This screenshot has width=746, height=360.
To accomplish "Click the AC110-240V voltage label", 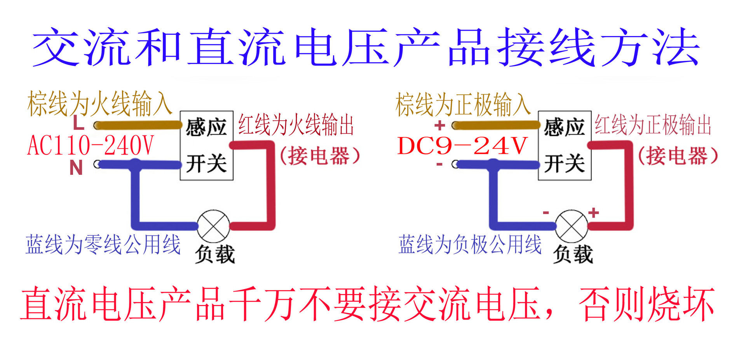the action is coord(91,146).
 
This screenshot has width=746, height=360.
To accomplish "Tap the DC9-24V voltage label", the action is coord(462,146).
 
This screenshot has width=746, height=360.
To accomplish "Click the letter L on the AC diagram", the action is coord(78,123).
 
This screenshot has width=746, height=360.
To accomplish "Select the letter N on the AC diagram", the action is coord(76,168).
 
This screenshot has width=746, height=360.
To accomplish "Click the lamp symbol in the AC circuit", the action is coord(213,226).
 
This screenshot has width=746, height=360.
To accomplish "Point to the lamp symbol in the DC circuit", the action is coord(571,226).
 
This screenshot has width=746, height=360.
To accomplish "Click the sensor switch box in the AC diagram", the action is coord(206,145).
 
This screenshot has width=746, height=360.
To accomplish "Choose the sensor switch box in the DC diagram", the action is coord(565,145).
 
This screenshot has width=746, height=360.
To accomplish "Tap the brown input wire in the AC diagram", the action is coord(138,125).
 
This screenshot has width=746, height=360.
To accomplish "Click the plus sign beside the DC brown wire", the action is coord(439,125).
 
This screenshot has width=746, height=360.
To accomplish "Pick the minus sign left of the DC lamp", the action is coord(546,212).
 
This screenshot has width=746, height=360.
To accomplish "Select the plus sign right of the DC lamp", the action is coord(593,212).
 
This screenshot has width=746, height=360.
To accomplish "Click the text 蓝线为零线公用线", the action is coord(103,244).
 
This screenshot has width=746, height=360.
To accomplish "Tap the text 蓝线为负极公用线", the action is coord(470,244).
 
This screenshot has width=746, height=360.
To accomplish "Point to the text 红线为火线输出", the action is coord(296,125).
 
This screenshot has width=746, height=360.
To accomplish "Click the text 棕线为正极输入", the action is coord(463,104).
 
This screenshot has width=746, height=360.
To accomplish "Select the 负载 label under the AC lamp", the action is coord(215,254).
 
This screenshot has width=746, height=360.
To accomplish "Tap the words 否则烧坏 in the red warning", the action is coord(647,304).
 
